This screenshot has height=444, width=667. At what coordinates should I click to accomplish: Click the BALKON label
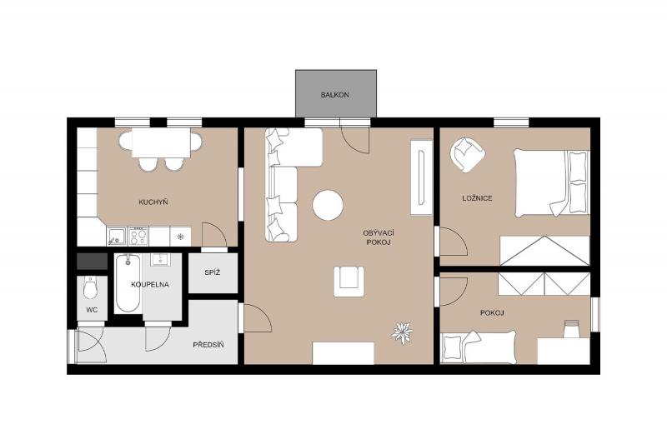click(335, 95)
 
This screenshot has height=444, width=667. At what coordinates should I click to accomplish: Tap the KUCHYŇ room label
click(153, 202)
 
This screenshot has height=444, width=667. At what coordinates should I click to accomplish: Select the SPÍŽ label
click(213, 272)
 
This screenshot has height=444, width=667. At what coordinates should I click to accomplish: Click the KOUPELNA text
click(150, 284)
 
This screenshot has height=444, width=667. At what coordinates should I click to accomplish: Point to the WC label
click(92, 310)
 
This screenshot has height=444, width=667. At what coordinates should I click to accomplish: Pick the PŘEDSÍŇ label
click(208, 345)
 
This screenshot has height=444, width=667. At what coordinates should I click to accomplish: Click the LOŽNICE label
click(477, 198)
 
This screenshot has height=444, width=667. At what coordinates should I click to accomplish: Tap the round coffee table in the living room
click(328, 205)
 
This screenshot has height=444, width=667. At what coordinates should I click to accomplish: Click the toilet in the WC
click(91, 287)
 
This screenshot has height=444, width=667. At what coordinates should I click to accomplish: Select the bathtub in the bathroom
click(128, 283)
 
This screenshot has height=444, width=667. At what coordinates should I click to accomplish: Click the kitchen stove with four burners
click(138, 236)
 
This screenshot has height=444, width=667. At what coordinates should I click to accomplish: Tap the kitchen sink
click(116, 236)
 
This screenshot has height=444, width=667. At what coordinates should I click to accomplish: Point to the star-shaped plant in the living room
click(402, 332)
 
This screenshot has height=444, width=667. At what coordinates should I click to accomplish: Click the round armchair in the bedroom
click(468, 154)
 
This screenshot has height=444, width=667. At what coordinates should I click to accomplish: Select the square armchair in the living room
click(349, 281)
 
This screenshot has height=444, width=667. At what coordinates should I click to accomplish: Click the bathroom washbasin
click(160, 259)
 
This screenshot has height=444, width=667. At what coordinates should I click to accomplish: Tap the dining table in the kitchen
click(161, 142)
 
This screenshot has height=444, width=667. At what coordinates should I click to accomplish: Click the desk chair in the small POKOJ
click(572, 329)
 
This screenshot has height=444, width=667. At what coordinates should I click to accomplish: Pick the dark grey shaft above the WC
click(92, 261)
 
